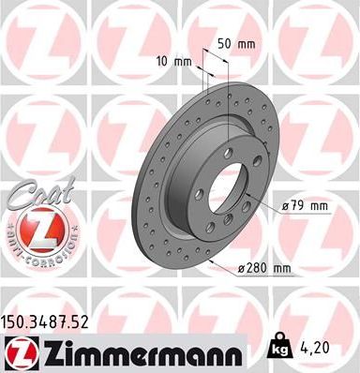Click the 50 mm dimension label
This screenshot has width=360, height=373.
pos(237,44)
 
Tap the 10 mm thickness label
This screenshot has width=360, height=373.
pos(175,62)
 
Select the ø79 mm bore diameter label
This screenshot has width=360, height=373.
pos(303,204)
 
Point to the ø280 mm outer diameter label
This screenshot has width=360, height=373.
pos(264,269)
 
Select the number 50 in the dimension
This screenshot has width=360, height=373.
pos(225,44)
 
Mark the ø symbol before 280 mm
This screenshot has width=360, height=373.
pos(241,269)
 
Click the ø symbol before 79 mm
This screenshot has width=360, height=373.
pos(284,204)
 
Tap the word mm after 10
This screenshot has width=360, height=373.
pos(183,62)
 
